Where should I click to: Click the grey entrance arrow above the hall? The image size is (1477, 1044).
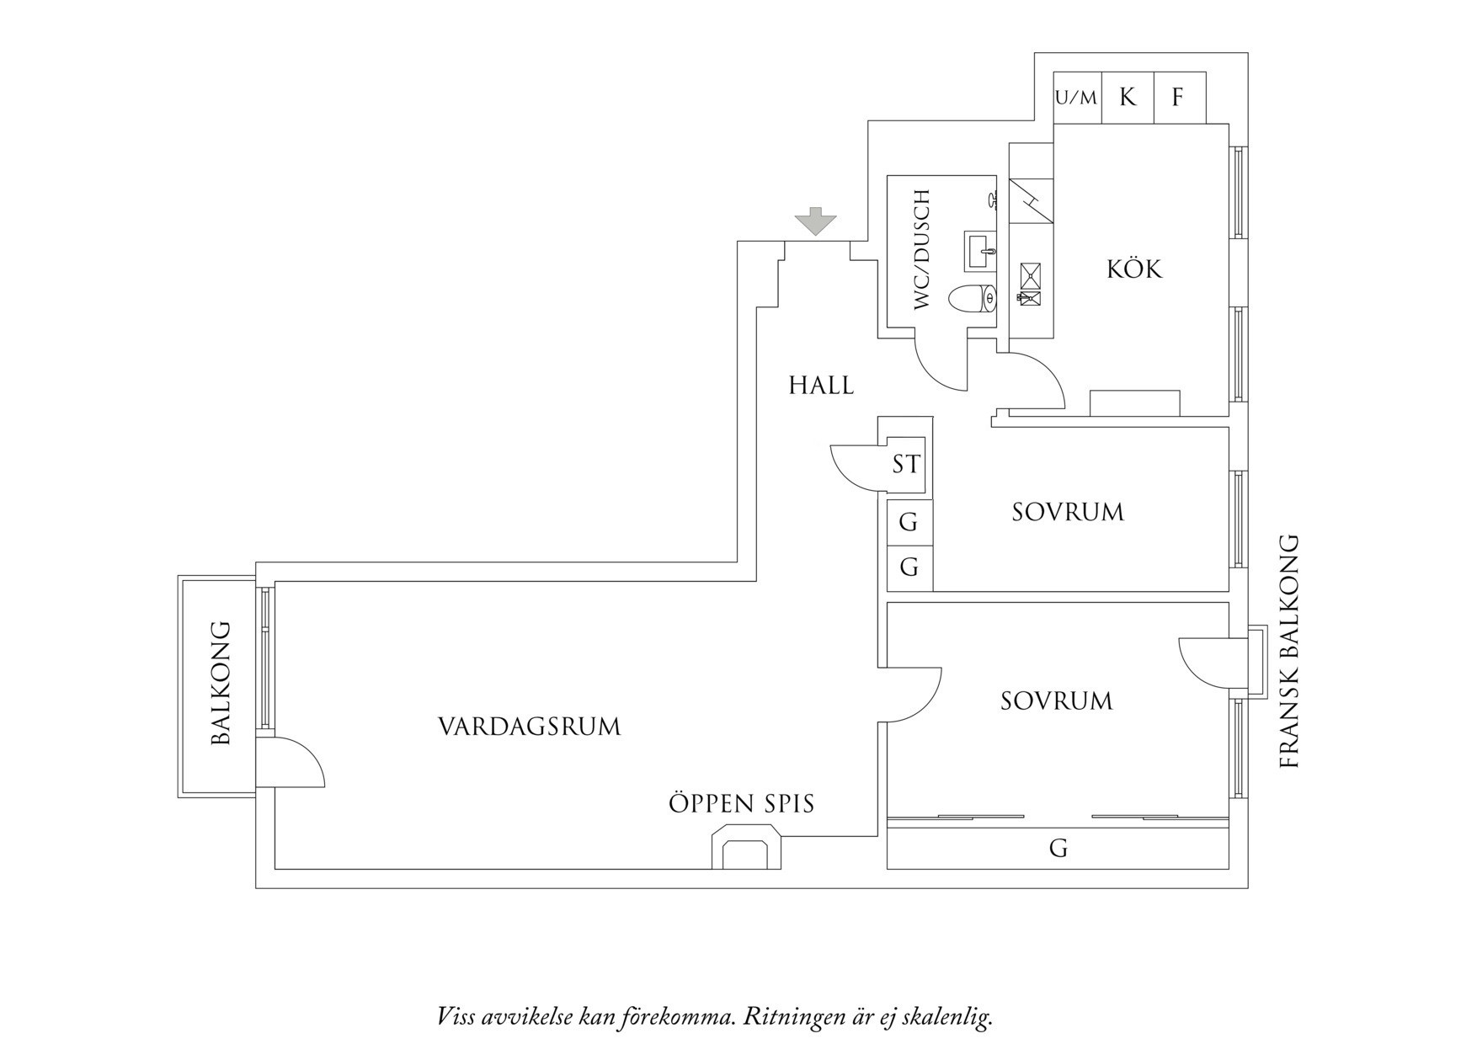coord(816,221)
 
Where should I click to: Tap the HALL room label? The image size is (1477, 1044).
coord(821,386)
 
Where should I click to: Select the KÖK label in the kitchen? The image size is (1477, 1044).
coord(1133,269)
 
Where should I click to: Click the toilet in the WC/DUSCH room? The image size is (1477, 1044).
coord(973,299)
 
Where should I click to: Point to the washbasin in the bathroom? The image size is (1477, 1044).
coord(980,251)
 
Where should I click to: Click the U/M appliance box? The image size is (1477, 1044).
coord(1077,98)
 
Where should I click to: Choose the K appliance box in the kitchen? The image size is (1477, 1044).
coord(1128,98)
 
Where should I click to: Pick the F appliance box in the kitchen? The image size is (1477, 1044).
coord(1179,98)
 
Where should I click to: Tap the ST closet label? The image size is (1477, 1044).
coord(906,464)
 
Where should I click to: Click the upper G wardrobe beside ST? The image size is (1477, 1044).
coord(909,522)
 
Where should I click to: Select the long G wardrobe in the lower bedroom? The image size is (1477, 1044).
coord(1058,848)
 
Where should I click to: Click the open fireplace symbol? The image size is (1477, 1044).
coord(747,847)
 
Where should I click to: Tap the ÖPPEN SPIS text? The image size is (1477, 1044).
coord(742,803)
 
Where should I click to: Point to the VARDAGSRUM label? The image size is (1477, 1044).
coord(530,727)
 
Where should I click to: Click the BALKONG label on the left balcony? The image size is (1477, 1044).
coord(221,684)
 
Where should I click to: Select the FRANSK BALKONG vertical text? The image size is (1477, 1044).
coord(1289,652)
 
